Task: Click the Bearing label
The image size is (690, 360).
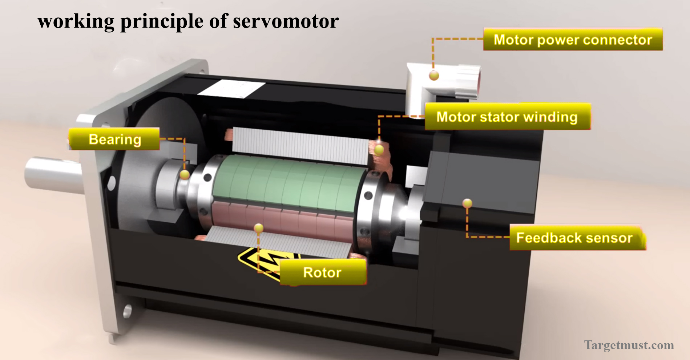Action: [114, 139]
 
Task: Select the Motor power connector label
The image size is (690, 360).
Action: [573, 40]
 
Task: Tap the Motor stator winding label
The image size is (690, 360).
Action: [507, 117]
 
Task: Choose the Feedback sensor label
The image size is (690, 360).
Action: [575, 238]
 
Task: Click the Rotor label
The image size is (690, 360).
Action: [322, 272]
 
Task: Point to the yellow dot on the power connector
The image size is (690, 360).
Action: [434, 76]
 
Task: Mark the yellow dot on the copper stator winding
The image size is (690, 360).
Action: [379, 149]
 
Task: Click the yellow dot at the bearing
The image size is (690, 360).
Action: [185, 175]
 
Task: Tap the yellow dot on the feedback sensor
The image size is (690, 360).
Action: [467, 203]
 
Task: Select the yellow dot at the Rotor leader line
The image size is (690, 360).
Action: [258, 228]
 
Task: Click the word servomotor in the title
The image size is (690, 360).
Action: [286, 21]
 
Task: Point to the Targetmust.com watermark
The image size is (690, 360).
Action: [629, 345]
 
